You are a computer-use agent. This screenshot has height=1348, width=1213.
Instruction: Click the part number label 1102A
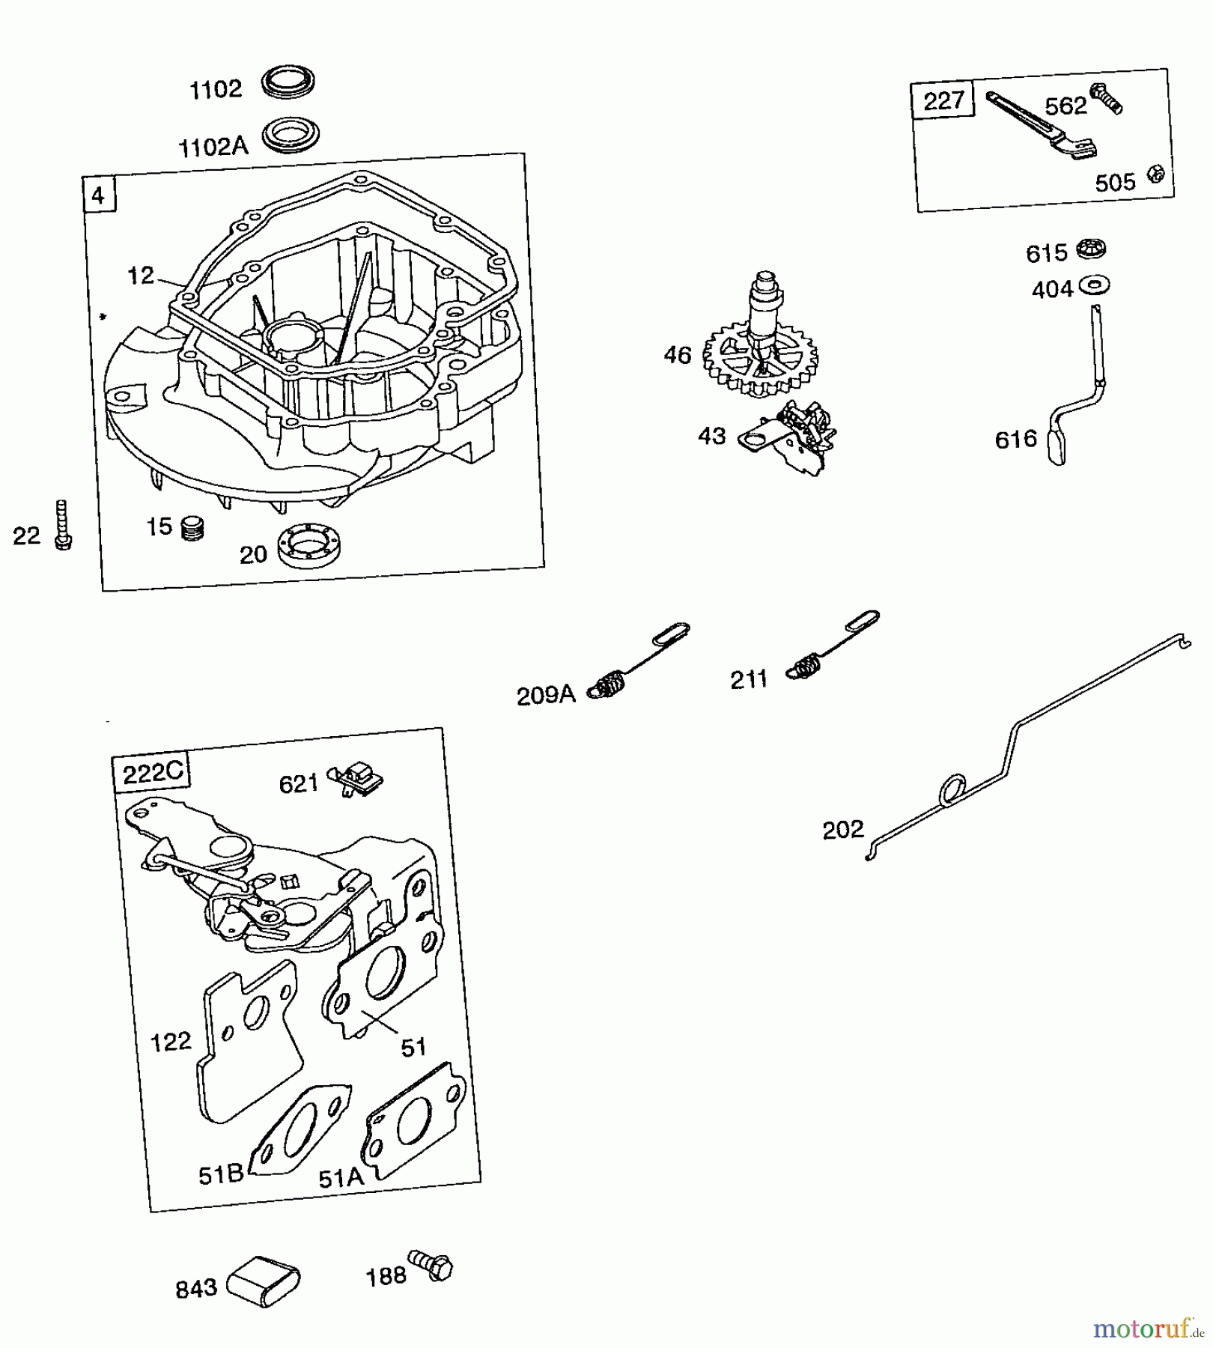(x=213, y=146)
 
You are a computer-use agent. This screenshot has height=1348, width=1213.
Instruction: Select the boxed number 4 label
(x=98, y=196)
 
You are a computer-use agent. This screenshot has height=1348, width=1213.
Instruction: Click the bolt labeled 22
(x=62, y=526)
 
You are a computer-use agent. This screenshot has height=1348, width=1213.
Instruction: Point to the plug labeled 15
(x=192, y=528)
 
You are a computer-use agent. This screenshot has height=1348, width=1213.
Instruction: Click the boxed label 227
(x=943, y=100)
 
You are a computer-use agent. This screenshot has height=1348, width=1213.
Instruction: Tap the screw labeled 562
(x=1107, y=98)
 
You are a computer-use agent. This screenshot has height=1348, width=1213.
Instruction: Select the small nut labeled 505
(x=1155, y=174)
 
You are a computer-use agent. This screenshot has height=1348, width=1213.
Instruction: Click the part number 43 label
(x=711, y=436)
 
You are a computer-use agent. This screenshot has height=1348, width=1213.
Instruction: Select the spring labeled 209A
(x=612, y=684)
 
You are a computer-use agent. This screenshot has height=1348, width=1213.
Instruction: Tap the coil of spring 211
(x=805, y=665)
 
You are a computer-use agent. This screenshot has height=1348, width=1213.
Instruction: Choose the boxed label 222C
(x=152, y=772)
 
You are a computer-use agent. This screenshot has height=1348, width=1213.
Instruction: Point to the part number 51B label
(x=221, y=1175)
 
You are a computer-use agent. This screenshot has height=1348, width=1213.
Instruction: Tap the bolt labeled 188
(x=432, y=1266)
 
